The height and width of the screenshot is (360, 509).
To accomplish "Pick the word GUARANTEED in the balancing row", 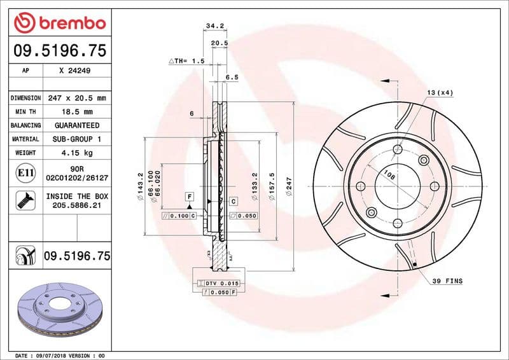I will click(76, 125).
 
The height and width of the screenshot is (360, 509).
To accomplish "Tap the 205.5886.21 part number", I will click(76, 206).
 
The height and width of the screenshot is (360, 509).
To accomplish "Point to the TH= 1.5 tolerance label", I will click(186, 61).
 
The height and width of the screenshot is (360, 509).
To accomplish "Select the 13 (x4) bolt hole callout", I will click(440, 93).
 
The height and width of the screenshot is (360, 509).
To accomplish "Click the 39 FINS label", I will click(447, 280).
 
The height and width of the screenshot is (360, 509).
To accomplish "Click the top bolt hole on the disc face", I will click(398, 149).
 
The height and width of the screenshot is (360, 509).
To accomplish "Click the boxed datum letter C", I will click(233, 201).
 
